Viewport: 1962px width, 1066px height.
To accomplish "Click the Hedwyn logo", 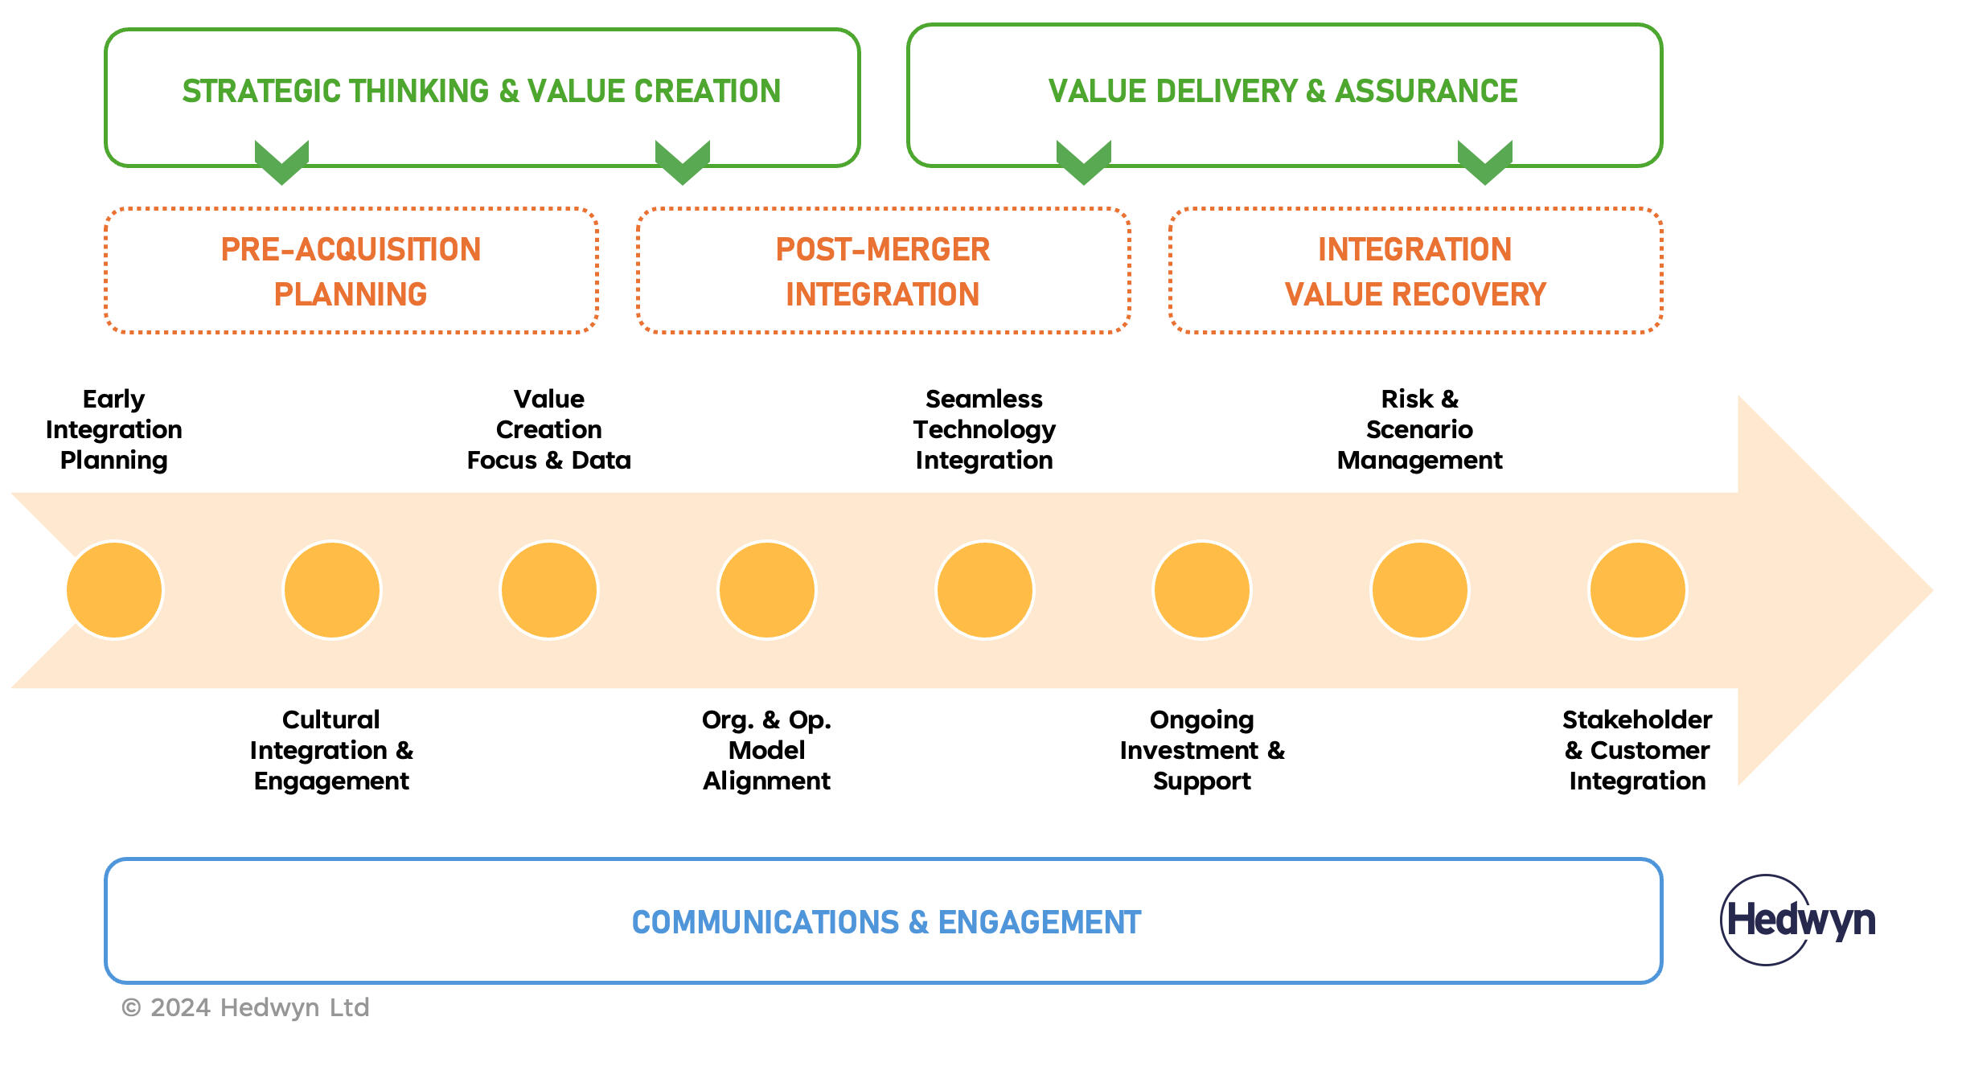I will pyautogui.click(x=1800, y=920).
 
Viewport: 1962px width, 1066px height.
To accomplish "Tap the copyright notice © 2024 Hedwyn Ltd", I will pyautogui.click(x=245, y=1007).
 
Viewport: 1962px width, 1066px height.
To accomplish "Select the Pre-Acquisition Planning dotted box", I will pyautogui.click(x=351, y=271).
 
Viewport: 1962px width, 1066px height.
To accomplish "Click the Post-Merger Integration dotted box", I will pyautogui.click(x=883, y=271).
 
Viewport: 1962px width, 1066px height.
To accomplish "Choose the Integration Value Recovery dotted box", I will pyautogui.click(x=1415, y=271).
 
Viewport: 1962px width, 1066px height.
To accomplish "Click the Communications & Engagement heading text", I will pyautogui.click(x=886, y=922).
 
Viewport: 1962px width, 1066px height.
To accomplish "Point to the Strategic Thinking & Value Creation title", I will pyautogui.click(x=481, y=91).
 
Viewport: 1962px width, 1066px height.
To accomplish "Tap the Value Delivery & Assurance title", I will pyautogui.click(x=1283, y=91).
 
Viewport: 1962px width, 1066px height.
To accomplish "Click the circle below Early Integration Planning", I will pyautogui.click(x=114, y=590).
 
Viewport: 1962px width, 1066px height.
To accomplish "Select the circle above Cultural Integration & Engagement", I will pyautogui.click(x=332, y=590).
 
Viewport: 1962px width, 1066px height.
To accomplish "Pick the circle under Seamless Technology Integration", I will pyautogui.click(x=984, y=590).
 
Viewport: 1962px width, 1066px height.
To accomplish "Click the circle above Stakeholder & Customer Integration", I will pyautogui.click(x=1637, y=590).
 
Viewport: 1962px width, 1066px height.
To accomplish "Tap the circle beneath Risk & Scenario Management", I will pyautogui.click(x=1419, y=590).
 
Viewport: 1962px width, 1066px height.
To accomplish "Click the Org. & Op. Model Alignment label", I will pyautogui.click(x=766, y=750).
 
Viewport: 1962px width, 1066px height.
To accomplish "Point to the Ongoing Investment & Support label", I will pyautogui.click(x=1202, y=750).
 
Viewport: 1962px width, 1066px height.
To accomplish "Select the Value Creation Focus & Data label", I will pyautogui.click(x=549, y=429).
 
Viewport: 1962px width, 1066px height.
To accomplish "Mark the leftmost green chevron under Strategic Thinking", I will pyautogui.click(x=281, y=161).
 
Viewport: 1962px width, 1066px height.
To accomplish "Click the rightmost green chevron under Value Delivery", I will pyautogui.click(x=1484, y=161).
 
